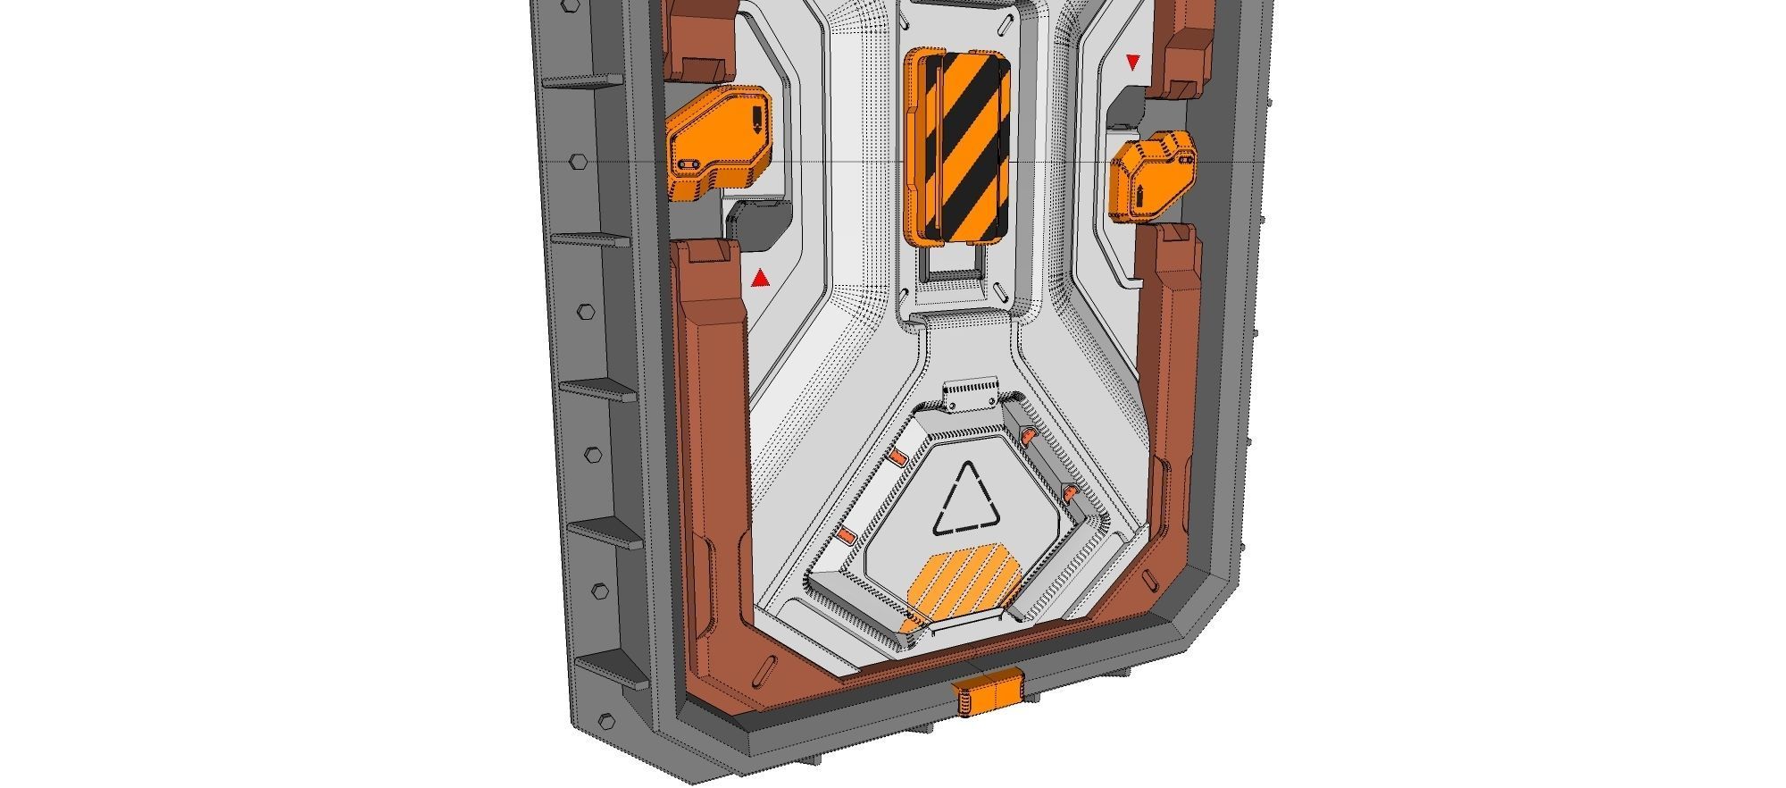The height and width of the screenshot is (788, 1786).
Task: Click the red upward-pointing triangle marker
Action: (760, 280)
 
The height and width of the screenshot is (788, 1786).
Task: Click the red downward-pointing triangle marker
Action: (1133, 63)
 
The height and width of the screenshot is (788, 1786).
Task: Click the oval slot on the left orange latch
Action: (688, 165)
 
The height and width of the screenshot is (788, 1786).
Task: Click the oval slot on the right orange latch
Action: (1186, 159)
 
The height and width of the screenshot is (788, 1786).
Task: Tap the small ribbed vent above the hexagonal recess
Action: (973, 393)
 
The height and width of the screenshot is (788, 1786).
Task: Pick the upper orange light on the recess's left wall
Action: (897, 458)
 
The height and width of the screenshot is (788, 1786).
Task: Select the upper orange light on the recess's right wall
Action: (1028, 436)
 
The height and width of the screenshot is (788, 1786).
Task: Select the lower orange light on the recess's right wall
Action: (1068, 491)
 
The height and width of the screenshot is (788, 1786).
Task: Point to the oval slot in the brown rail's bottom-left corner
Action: (764, 672)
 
